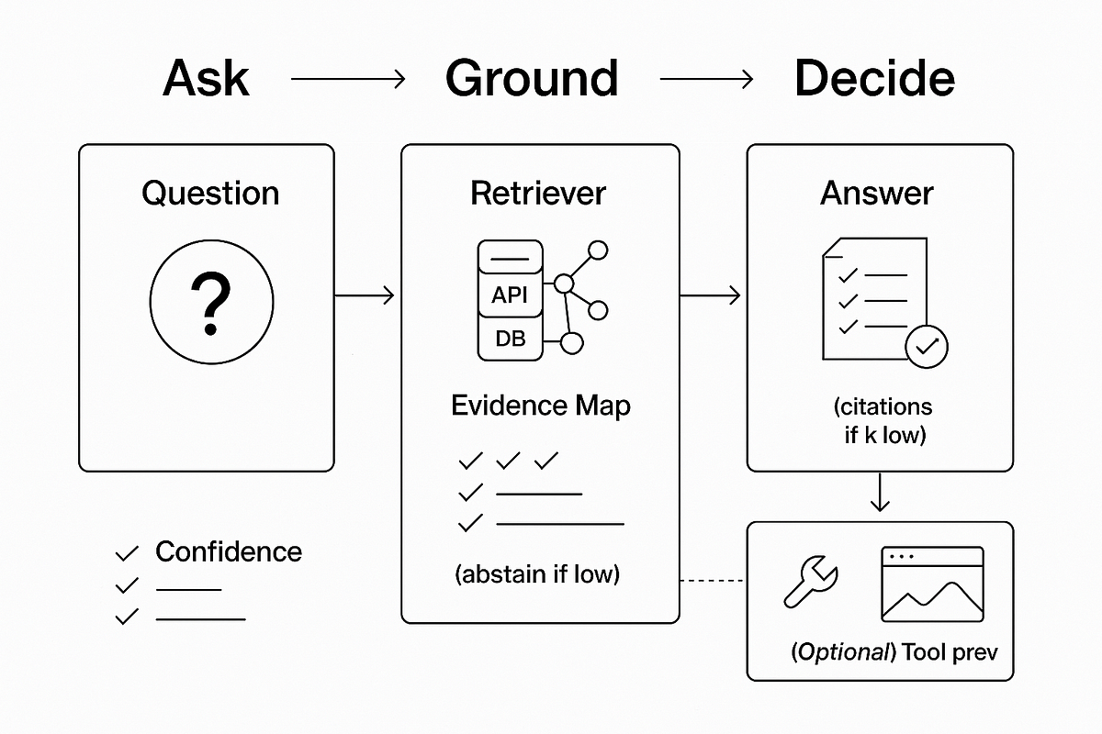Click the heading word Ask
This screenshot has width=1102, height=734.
206,78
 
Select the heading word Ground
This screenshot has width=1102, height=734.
532,78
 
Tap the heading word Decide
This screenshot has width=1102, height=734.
874,78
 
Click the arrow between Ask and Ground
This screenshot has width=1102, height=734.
348,79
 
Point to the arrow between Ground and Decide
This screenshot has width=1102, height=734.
706,79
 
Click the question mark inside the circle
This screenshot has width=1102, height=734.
211,304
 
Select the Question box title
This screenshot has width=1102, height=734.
210,194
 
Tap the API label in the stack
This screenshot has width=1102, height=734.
509,295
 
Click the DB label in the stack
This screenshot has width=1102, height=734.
511,339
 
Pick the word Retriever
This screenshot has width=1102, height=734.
538,194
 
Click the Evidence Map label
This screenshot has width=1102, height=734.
541,406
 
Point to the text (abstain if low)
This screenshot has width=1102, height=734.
537,574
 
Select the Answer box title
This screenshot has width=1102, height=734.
877,194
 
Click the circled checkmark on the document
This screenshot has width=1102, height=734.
927,347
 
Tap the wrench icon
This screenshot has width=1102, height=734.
811,582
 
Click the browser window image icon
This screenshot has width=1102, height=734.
932,584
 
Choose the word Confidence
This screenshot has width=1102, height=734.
229,551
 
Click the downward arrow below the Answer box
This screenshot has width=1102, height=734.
880,492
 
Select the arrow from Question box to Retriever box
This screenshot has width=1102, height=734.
365,295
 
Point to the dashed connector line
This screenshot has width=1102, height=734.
712,581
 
